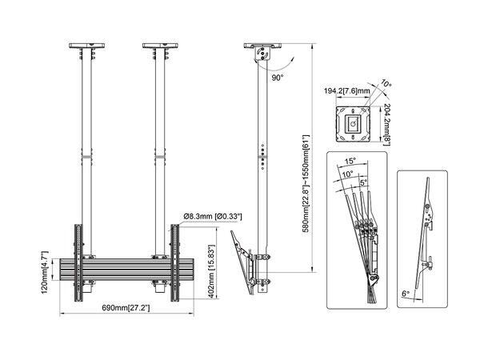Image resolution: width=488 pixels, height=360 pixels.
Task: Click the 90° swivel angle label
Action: (x=278, y=79)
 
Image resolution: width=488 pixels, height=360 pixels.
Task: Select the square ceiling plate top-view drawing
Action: (x=353, y=123)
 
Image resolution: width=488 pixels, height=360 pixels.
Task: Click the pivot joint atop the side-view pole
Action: (x=261, y=54)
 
